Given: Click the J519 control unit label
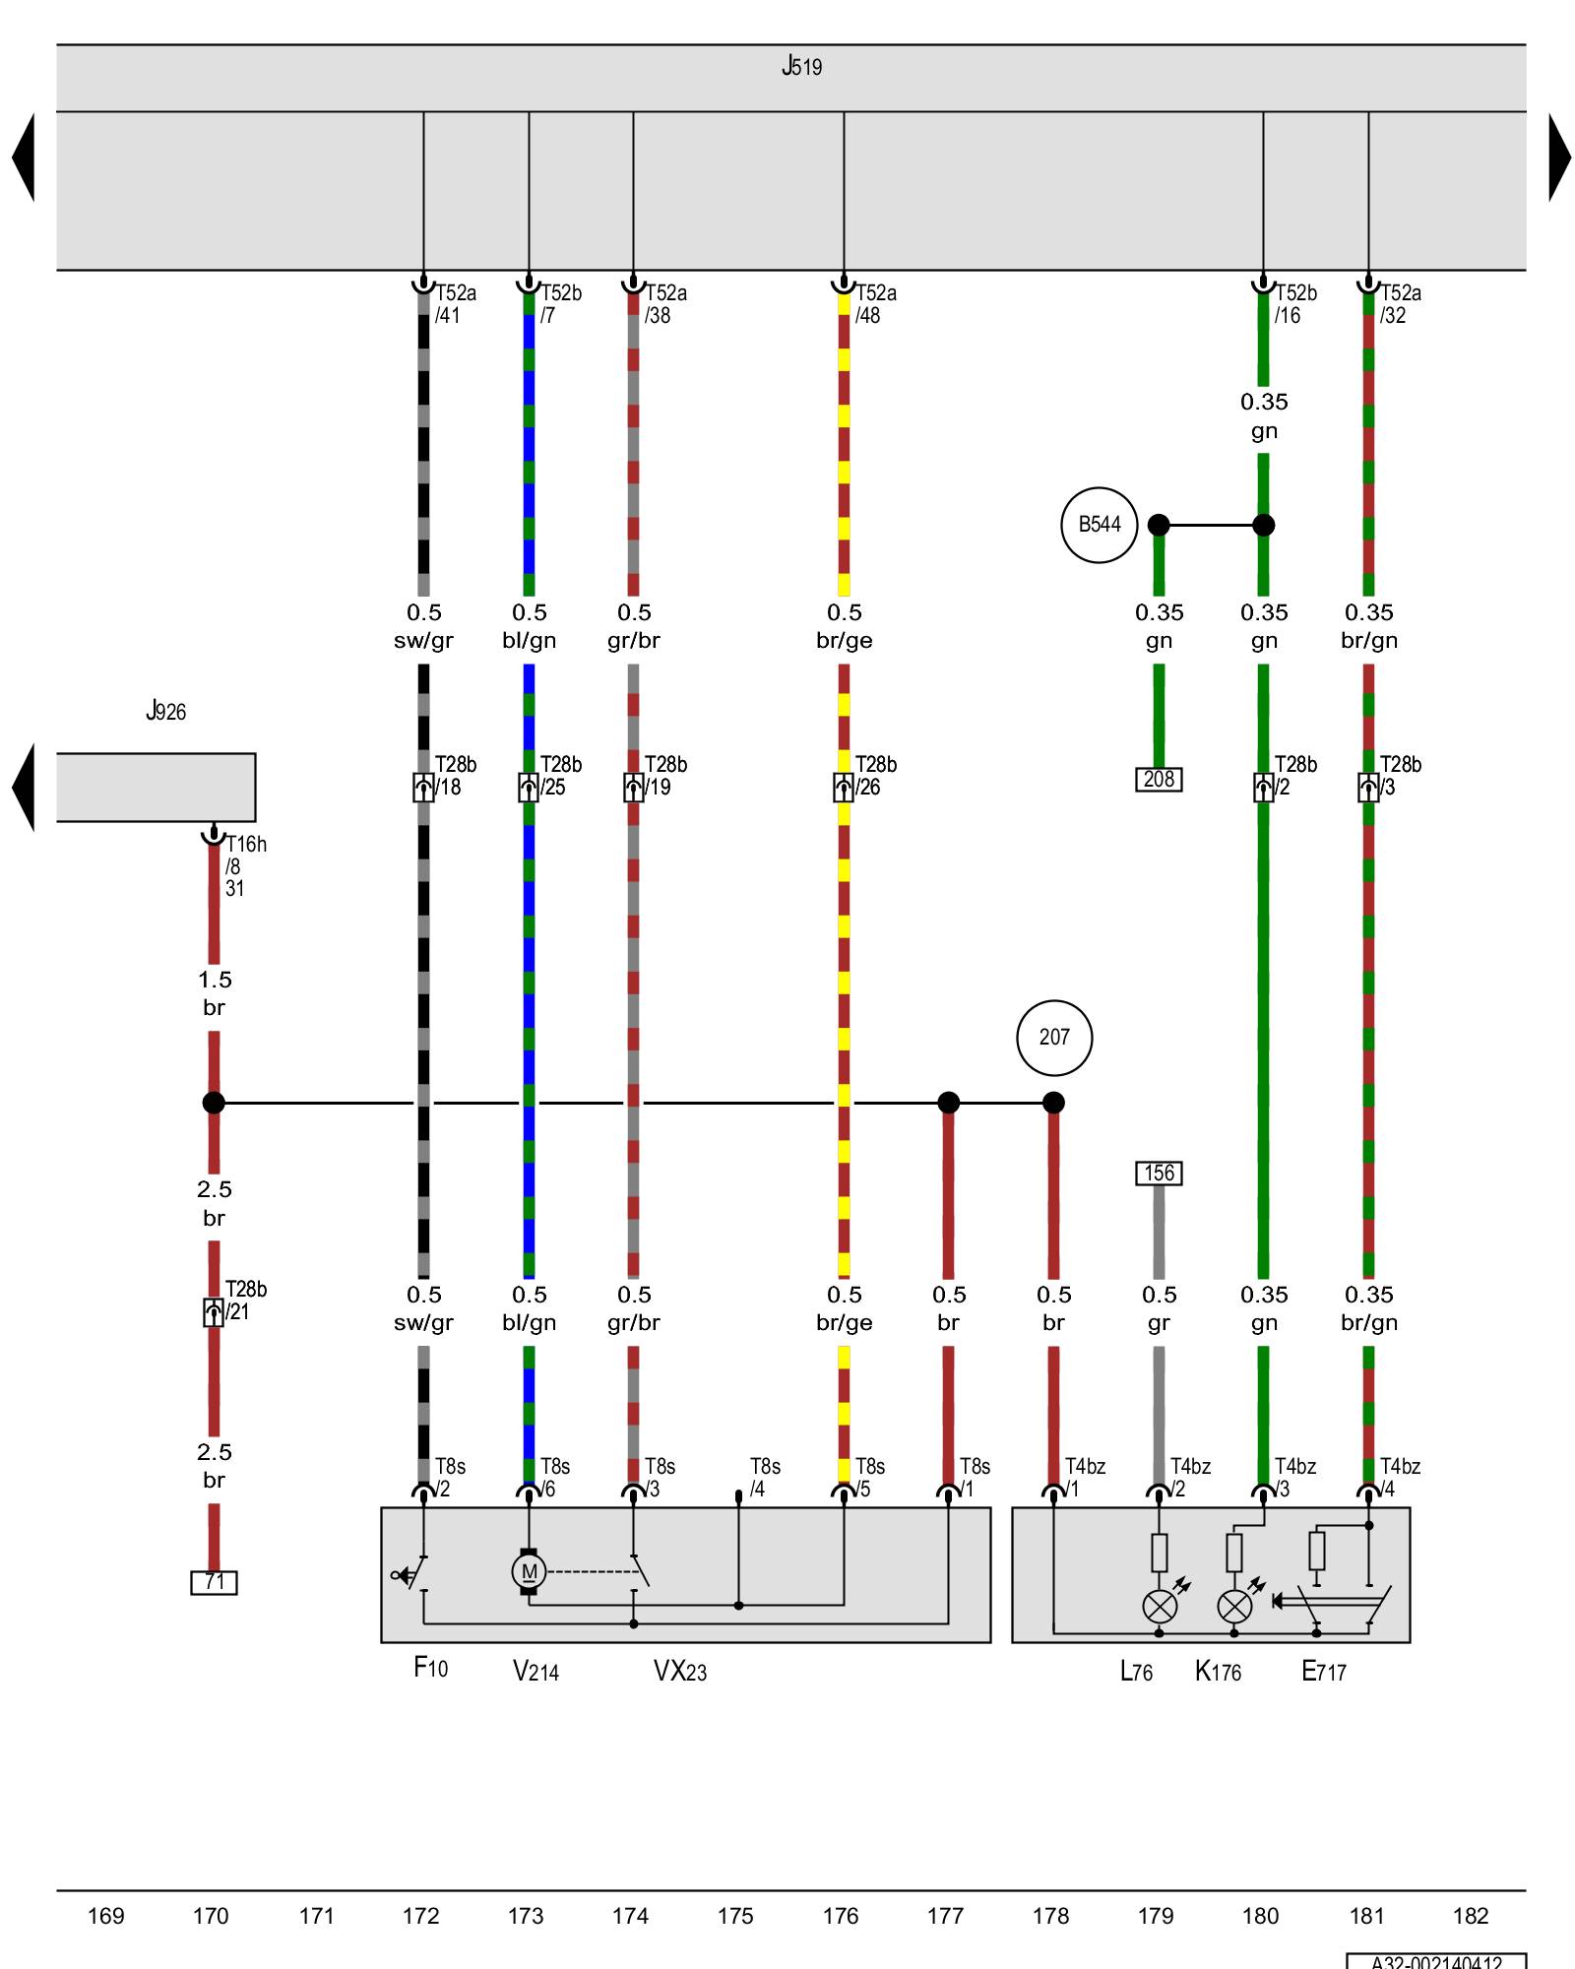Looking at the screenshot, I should click(x=801, y=67).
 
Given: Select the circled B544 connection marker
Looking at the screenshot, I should click(x=1099, y=525).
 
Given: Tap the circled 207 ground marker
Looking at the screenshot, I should click(x=1053, y=1038).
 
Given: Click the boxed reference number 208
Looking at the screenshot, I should click(x=1159, y=780).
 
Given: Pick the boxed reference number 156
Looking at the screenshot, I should click(x=1159, y=1174).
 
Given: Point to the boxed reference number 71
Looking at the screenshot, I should click(x=214, y=1582).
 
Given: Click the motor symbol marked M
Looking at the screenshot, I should click(x=529, y=1571).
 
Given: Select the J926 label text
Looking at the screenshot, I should click(x=165, y=711).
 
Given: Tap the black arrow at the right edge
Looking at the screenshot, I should click(x=1559, y=158).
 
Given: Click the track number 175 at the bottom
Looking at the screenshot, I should click(x=735, y=1916).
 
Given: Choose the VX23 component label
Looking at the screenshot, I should click(x=679, y=1671).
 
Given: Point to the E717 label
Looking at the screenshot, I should click(x=1323, y=1671).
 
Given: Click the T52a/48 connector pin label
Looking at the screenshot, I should click(x=875, y=304).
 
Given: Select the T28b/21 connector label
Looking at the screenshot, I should click(x=245, y=1301).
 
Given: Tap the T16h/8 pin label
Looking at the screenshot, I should click(x=244, y=856).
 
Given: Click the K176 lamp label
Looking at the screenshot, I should click(x=1218, y=1671).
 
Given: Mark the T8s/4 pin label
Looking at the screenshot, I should click(x=764, y=1478).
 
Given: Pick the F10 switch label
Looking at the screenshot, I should click(x=430, y=1668).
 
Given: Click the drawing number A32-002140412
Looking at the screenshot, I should click(x=1436, y=1961).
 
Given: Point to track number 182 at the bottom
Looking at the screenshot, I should click(x=1471, y=1916).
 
